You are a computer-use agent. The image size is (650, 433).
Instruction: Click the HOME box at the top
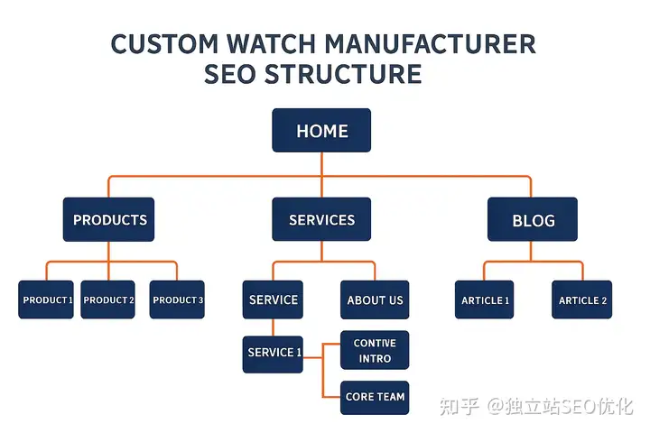click(321, 131)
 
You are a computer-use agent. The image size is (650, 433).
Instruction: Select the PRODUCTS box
click(109, 219)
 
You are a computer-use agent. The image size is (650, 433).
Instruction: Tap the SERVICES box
click(321, 219)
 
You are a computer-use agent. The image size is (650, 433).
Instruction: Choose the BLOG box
click(533, 220)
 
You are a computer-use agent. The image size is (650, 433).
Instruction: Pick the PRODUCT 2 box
click(108, 299)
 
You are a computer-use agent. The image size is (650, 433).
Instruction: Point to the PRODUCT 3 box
click(177, 299)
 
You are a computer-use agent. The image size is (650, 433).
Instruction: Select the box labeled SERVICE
click(273, 299)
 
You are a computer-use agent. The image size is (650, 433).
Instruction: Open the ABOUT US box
click(375, 299)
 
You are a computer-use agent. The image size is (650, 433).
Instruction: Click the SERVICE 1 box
click(274, 352)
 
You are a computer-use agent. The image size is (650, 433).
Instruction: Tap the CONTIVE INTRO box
click(375, 351)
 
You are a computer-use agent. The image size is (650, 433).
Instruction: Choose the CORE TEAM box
click(375, 397)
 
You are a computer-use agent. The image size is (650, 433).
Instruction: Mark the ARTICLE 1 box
click(485, 299)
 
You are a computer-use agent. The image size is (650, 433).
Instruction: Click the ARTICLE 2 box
click(582, 299)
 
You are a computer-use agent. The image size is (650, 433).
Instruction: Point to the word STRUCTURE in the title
click(344, 74)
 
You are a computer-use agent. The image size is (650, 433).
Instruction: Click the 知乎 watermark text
click(458, 407)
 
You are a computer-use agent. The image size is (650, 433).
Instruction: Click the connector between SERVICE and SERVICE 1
click(274, 327)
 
